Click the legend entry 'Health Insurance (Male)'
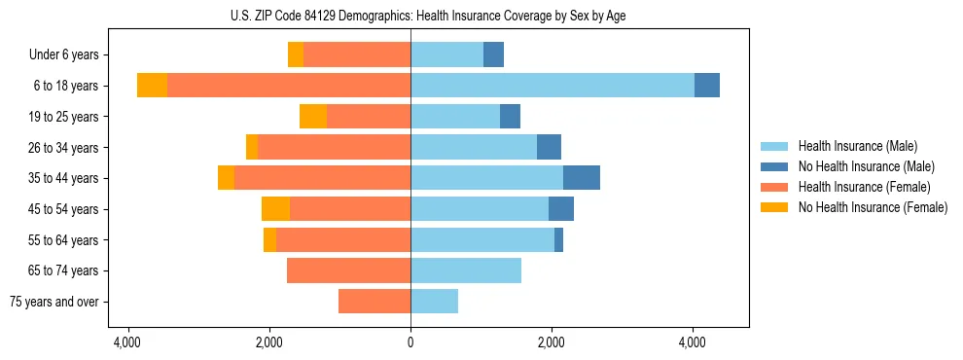(x=857, y=146)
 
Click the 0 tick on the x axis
(x=410, y=342)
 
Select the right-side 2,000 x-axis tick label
(x=552, y=342)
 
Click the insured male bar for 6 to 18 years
(x=552, y=86)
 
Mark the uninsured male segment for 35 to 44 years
(x=582, y=178)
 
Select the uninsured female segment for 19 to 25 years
(x=313, y=117)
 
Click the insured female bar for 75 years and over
(x=374, y=302)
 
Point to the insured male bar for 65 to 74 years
(x=466, y=270)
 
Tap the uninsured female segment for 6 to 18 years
(x=152, y=86)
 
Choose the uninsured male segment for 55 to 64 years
(x=558, y=240)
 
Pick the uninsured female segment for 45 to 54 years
(x=275, y=209)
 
